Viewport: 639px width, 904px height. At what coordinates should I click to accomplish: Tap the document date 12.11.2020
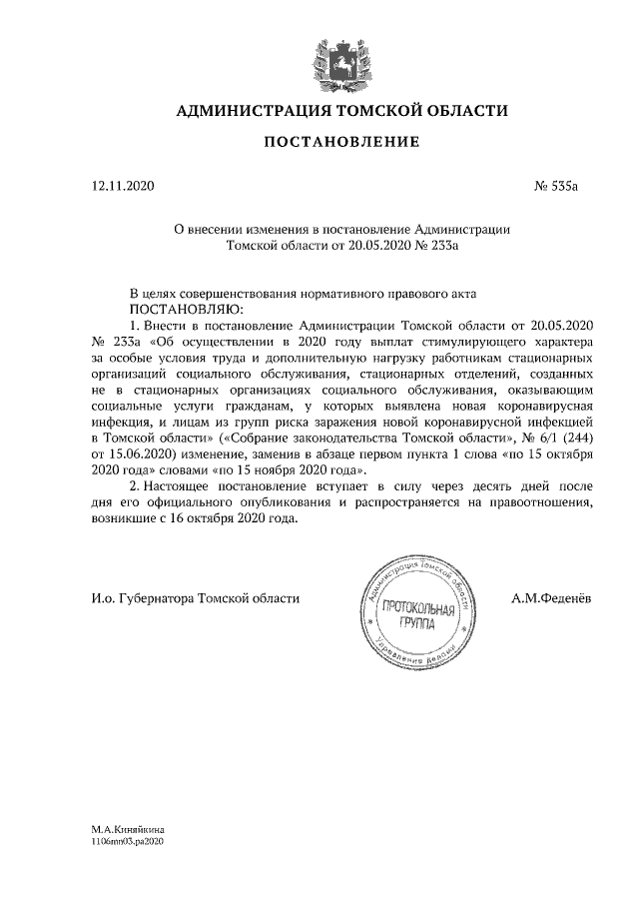(x=117, y=186)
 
